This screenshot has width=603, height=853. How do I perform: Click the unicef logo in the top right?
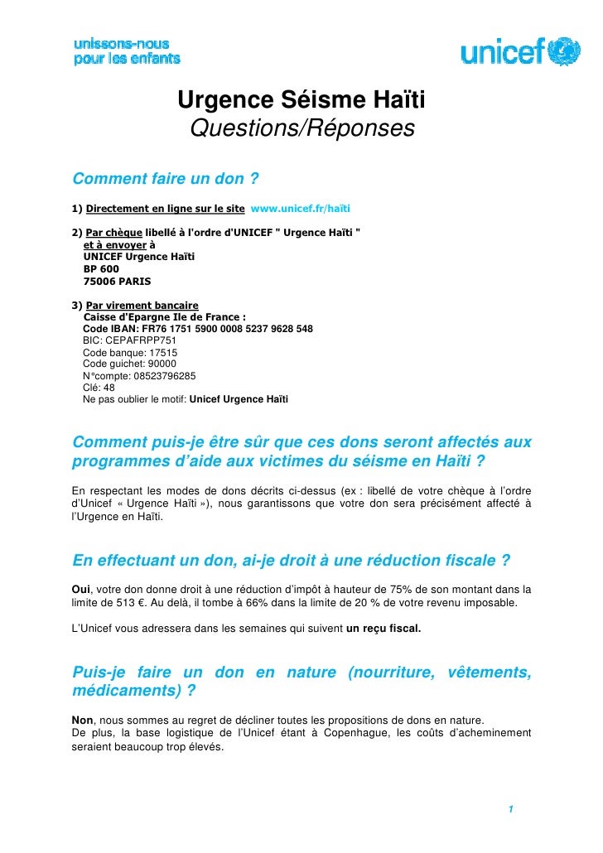[x=520, y=52]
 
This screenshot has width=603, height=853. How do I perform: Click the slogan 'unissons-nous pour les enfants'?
[x=127, y=51]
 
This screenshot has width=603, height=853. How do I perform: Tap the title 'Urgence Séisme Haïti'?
[x=301, y=101]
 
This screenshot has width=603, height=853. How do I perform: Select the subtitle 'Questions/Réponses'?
[x=301, y=129]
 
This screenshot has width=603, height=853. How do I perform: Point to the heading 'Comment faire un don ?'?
[x=166, y=179]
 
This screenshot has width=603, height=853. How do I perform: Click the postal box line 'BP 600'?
[x=101, y=269]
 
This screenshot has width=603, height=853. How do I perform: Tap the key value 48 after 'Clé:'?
[x=109, y=387]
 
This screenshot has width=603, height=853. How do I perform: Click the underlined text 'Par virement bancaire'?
[x=142, y=305]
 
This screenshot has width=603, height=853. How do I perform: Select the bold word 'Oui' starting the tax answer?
[x=83, y=589]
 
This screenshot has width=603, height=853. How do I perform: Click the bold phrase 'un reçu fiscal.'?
[x=384, y=629]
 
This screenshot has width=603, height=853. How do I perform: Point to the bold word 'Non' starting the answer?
[x=83, y=719]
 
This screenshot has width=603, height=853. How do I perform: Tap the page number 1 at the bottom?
[x=513, y=809]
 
